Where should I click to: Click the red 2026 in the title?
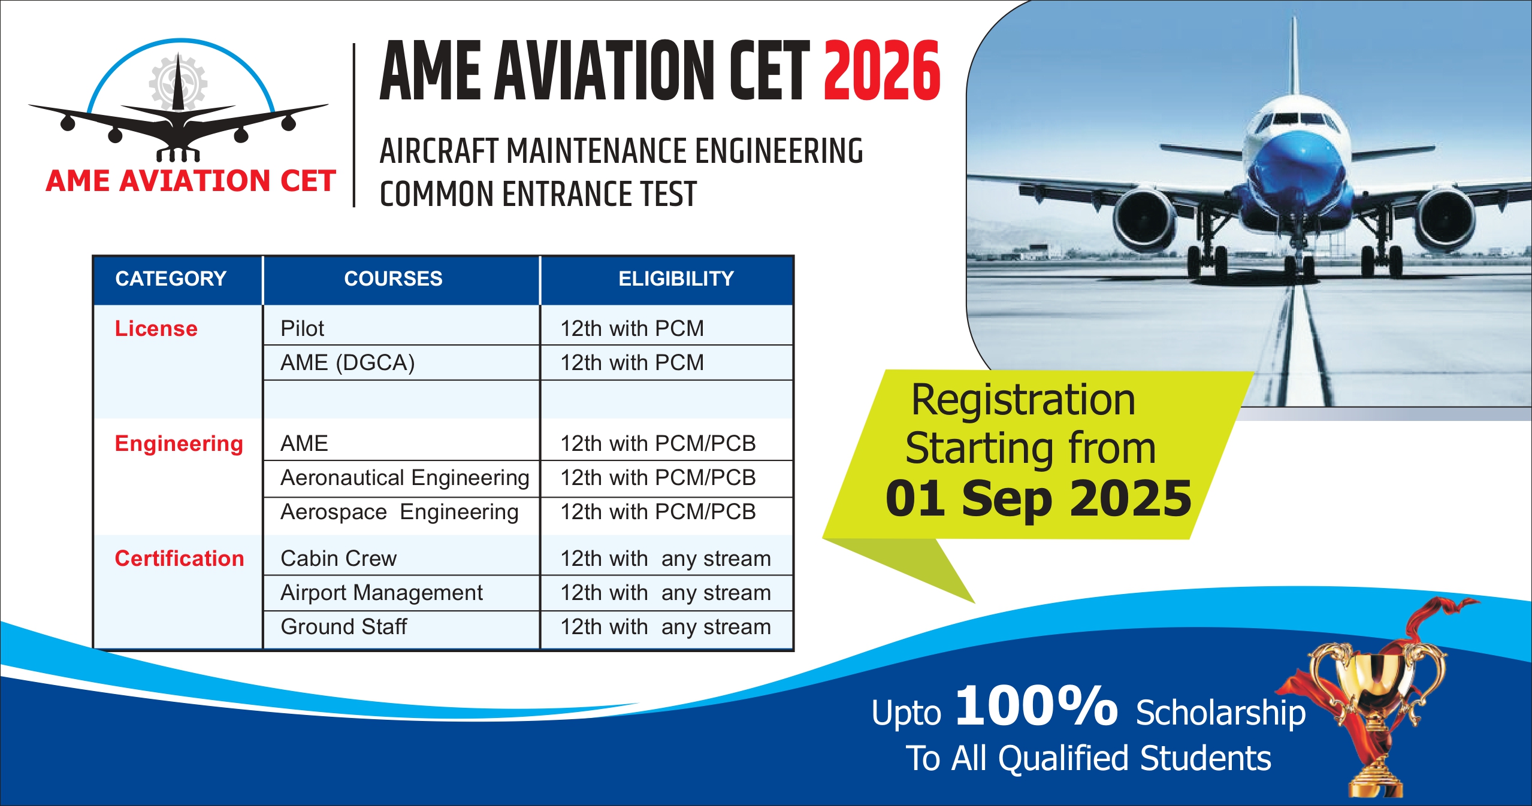[x=882, y=71]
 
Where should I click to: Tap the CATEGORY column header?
[x=171, y=278]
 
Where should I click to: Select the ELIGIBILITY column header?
[x=676, y=278]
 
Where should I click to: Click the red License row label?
[x=156, y=328]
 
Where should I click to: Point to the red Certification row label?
[x=179, y=558]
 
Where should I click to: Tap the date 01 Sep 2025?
[x=1038, y=498]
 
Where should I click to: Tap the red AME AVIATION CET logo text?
[x=191, y=181]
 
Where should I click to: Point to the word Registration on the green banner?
[x=1023, y=399]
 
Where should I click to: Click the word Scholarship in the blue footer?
[x=1220, y=713]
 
